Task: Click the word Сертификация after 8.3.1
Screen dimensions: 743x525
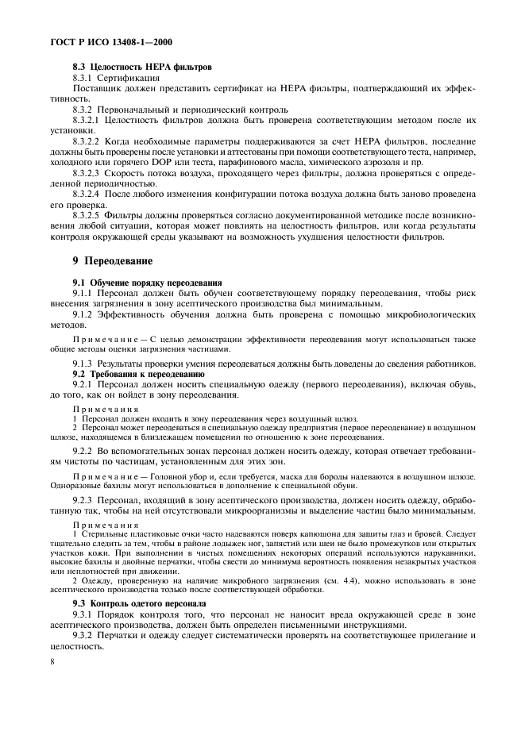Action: tap(129, 79)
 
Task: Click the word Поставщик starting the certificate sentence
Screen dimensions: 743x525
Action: tap(96, 89)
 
